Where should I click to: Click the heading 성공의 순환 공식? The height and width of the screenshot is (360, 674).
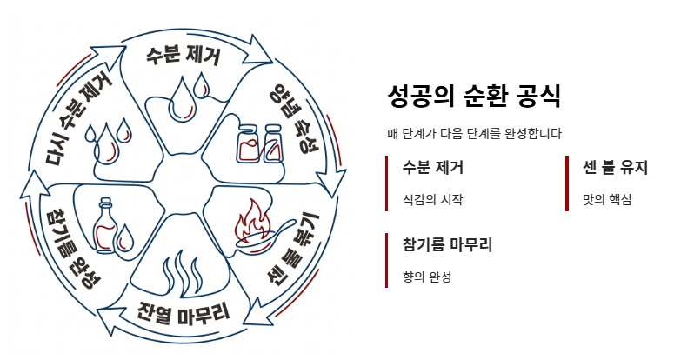473,96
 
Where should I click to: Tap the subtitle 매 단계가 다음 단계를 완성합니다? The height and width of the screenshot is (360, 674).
474,134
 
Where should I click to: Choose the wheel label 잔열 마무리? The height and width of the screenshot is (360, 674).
184,311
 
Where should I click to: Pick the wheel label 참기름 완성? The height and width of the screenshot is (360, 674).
73,248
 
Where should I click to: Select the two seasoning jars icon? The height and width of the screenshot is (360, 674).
260,142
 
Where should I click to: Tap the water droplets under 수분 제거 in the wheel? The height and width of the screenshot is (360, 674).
190,94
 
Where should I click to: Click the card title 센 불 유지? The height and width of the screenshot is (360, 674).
615,167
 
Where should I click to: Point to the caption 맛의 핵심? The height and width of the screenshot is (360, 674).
606,199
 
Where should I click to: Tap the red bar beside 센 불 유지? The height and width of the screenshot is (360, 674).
567,183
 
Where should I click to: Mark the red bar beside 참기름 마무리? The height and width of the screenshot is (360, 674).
387,260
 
